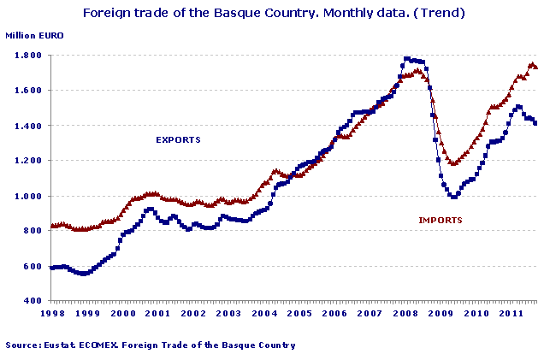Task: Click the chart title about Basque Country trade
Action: click(x=275, y=14)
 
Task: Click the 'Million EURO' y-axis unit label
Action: click(x=34, y=36)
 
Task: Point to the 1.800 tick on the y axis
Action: click(x=29, y=56)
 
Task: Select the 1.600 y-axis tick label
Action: click(x=29, y=91)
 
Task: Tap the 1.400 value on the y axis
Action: click(x=29, y=126)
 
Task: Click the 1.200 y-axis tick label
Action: click(x=29, y=161)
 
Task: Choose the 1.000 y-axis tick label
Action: click(x=29, y=196)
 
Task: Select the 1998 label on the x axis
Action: click(x=51, y=314)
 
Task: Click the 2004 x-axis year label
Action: click(x=264, y=314)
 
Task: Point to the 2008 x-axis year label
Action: click(x=405, y=314)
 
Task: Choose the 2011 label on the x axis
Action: click(x=511, y=314)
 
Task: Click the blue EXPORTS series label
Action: click(x=178, y=139)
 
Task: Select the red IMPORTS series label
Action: click(x=441, y=220)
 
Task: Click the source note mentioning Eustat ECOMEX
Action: click(x=151, y=345)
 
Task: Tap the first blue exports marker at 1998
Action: click(x=51, y=268)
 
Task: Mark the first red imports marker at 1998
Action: click(x=51, y=226)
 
